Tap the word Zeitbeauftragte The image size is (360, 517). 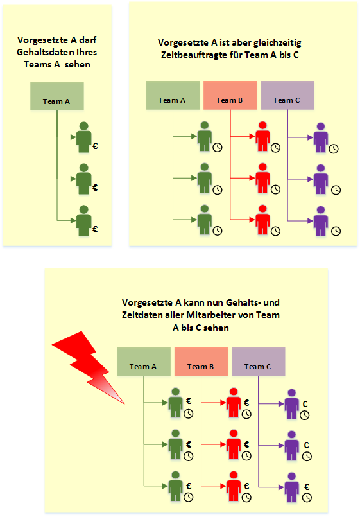[x=201, y=55]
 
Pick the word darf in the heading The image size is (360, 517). [x=88, y=40]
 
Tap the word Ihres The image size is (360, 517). [x=87, y=53]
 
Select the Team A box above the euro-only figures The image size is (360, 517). [x=57, y=96]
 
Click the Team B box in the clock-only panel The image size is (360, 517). [x=230, y=95]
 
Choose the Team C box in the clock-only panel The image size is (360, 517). [x=287, y=95]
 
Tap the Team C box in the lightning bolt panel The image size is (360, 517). [x=258, y=362]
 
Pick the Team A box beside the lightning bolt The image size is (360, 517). [x=144, y=362]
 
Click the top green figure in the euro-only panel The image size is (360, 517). [x=83, y=137]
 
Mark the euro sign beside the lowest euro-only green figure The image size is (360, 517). [x=95, y=229]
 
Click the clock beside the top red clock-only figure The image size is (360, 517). [x=276, y=148]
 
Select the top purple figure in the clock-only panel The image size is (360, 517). [x=320, y=138]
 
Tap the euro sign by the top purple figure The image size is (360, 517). [x=305, y=404]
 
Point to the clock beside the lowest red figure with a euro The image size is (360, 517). [x=246, y=498]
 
